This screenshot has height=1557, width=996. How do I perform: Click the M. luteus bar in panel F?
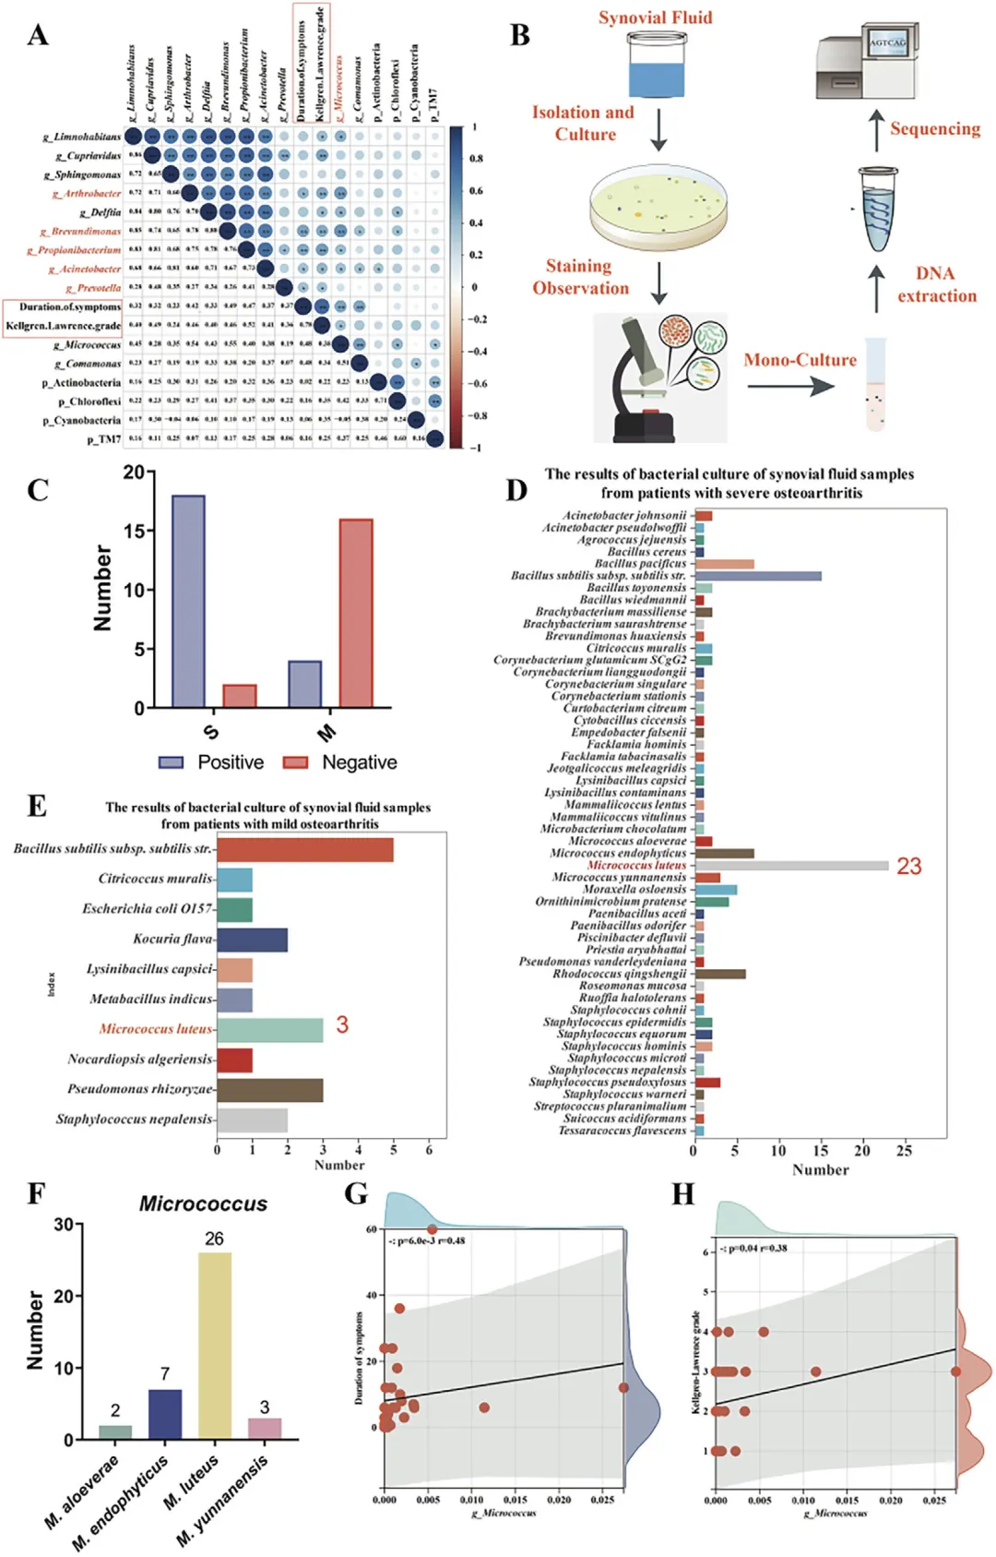coord(215,1345)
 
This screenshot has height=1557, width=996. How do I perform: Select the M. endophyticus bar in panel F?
coord(165,1414)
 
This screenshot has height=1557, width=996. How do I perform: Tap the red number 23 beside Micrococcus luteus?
coord(908,866)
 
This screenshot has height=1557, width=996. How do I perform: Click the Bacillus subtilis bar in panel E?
coord(305,849)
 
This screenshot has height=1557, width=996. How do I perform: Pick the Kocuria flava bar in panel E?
coord(252,940)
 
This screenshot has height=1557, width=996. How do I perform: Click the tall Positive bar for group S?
coord(188,601)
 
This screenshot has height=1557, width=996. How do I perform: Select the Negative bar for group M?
coord(356,613)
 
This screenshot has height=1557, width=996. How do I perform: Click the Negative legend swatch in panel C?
coord(295,762)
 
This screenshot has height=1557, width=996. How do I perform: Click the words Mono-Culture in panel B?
coord(800,360)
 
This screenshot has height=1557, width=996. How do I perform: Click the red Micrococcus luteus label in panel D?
coord(636,865)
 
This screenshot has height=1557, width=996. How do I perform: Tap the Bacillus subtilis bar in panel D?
coord(757,576)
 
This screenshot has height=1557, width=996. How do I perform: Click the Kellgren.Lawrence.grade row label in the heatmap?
coord(63,326)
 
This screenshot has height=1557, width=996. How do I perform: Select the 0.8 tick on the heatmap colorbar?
coord(476,159)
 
